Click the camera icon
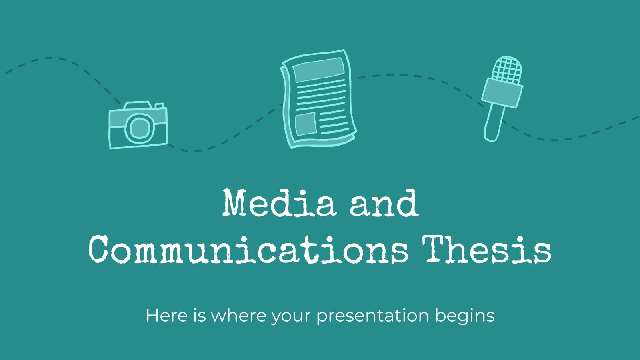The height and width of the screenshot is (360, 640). click(138, 125)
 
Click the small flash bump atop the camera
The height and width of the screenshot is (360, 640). click(160, 106)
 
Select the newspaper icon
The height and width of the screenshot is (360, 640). click(318, 99)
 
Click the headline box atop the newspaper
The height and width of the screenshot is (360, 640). click(318, 69)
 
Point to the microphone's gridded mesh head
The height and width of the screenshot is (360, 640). click(507, 69)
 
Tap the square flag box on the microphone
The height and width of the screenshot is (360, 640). click(502, 93)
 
